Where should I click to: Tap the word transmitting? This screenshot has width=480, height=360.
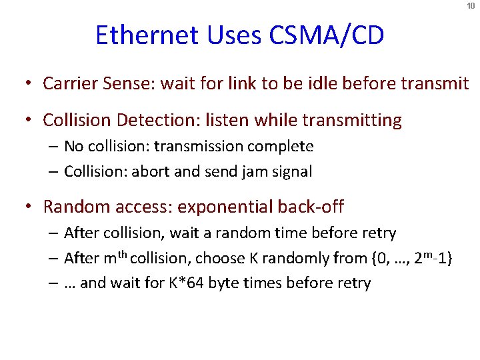353,121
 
